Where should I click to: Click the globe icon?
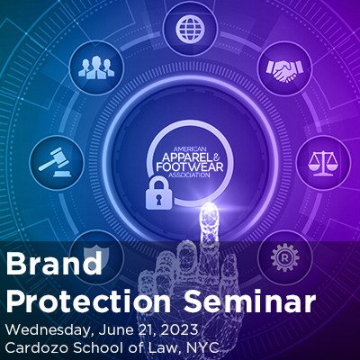pos(191,28)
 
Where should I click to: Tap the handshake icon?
pos(284,71)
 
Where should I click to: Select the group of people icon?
pos(96,67)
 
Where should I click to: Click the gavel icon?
pos(56,163)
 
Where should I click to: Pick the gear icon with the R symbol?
pos(284,257)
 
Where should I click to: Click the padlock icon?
pos(158,193)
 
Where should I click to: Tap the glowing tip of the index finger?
pos(209,210)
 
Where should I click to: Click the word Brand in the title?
pos(54,264)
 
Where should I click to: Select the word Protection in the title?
pos(88,301)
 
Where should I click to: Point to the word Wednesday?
pos(48,330)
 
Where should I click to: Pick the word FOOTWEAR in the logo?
pos(190,166)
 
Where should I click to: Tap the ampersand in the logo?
pos(217,155)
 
